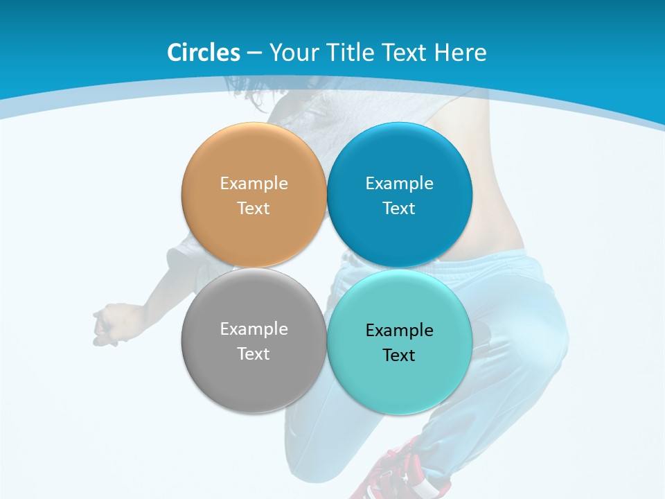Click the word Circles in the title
(203, 53)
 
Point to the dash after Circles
(254, 53)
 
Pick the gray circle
(254, 374)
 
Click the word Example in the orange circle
(254, 184)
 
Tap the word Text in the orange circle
(254, 209)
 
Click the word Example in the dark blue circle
(399, 184)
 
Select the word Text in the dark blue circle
(399, 209)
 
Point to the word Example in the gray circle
(254, 329)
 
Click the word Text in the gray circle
(254, 354)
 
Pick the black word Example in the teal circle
(399, 331)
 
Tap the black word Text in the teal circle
(399, 356)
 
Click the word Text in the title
(407, 53)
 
